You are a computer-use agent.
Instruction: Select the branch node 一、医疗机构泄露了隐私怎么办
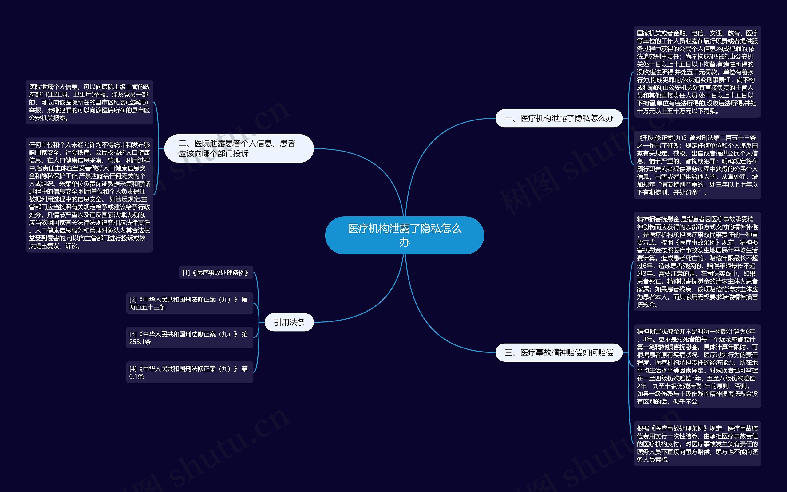pos(559,118)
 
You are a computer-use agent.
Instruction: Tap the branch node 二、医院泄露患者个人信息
pos(239,148)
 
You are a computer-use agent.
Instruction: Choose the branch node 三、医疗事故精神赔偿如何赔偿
pos(559,352)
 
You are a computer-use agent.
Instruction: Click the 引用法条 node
pos(289,322)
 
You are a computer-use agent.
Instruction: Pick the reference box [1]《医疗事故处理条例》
pos(216,273)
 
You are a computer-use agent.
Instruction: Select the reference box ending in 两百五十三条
pos(189,303)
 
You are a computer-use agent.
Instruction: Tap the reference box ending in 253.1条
pos(189,337)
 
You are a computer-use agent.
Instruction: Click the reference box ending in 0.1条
pos(189,372)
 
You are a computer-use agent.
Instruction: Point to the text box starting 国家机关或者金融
pos(697,72)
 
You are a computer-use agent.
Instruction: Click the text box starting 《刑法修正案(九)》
pos(697,165)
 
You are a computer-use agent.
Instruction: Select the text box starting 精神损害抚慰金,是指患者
pos(697,262)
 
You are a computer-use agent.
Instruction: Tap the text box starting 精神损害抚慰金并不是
pos(697,366)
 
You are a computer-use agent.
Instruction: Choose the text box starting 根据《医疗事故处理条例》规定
pos(697,443)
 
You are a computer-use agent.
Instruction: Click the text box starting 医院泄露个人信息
pos(89,102)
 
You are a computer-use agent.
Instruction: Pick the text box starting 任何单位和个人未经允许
pos(89,195)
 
